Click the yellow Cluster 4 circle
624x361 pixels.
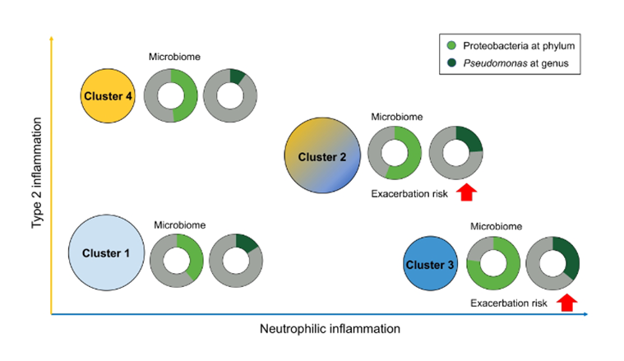pyautogui.click(x=108, y=96)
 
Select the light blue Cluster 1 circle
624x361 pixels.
pyautogui.click(x=106, y=252)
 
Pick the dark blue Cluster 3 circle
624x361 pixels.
pyautogui.click(x=432, y=264)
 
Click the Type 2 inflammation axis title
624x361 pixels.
pyautogui.click(x=36, y=183)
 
